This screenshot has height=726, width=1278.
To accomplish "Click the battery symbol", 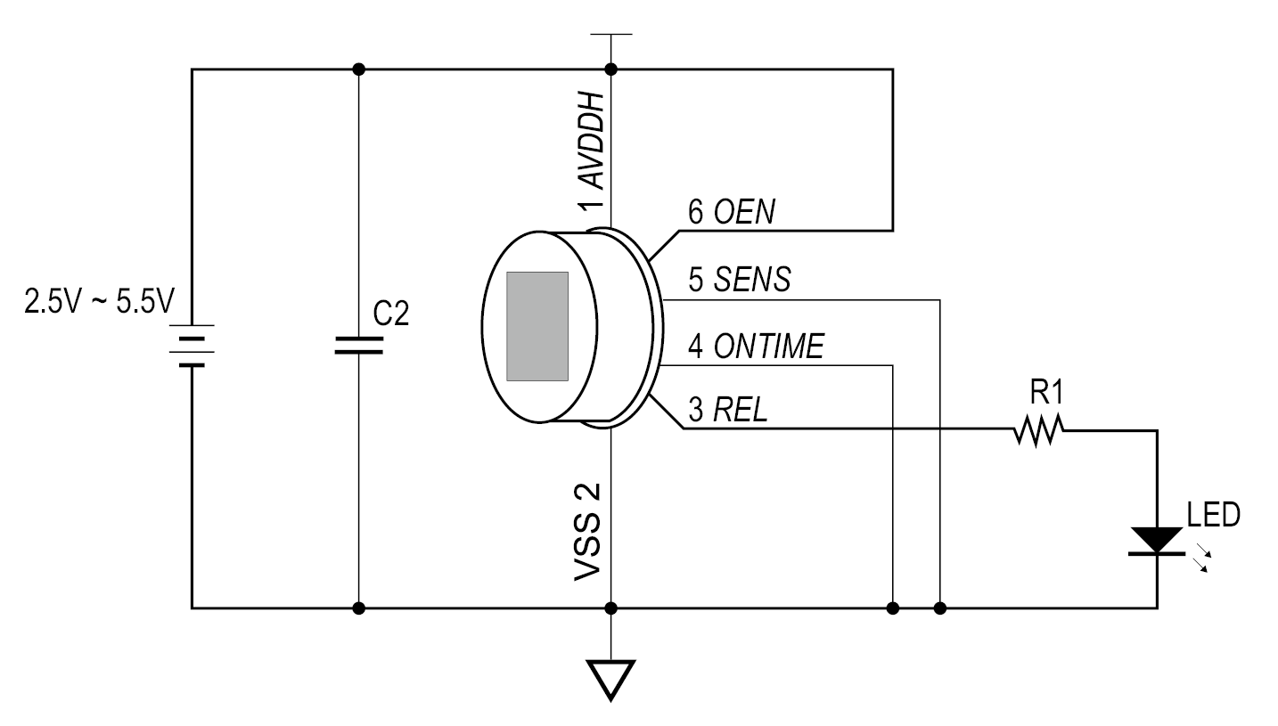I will pyautogui.click(x=192, y=345).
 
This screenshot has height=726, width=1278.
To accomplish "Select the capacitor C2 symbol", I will pyautogui.click(x=358, y=346).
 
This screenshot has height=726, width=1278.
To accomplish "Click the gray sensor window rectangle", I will pyautogui.click(x=537, y=327).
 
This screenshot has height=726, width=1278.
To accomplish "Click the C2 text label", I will pyautogui.click(x=391, y=314).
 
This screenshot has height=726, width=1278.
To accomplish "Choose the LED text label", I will pyautogui.click(x=1213, y=515).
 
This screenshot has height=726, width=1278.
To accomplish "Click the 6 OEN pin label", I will pyautogui.click(x=732, y=213).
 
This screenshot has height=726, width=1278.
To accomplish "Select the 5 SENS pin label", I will pyautogui.click(x=739, y=281).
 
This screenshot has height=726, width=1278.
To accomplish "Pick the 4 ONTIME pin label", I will pyautogui.click(x=756, y=347).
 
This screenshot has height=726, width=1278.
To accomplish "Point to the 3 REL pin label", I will pyautogui.click(x=727, y=412).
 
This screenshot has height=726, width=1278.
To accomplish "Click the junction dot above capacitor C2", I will pyautogui.click(x=358, y=69).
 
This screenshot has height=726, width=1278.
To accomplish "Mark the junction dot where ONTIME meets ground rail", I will pyautogui.click(x=893, y=608).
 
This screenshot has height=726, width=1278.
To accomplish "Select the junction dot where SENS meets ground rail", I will pyautogui.click(x=940, y=608).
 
